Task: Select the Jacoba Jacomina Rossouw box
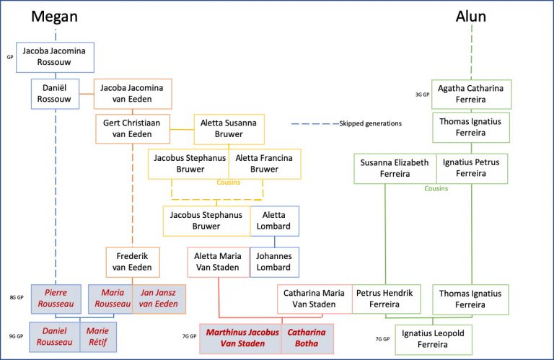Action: [x=55, y=57]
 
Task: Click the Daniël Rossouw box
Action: [x=55, y=95]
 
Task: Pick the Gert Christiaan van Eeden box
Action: [x=133, y=128]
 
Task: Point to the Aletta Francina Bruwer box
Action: [x=265, y=164]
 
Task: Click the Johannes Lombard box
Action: [x=274, y=261]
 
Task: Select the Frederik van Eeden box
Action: [x=133, y=261]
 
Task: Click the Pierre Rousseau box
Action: [x=55, y=299]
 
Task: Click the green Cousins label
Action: [x=436, y=188]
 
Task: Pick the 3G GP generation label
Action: [x=422, y=95]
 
